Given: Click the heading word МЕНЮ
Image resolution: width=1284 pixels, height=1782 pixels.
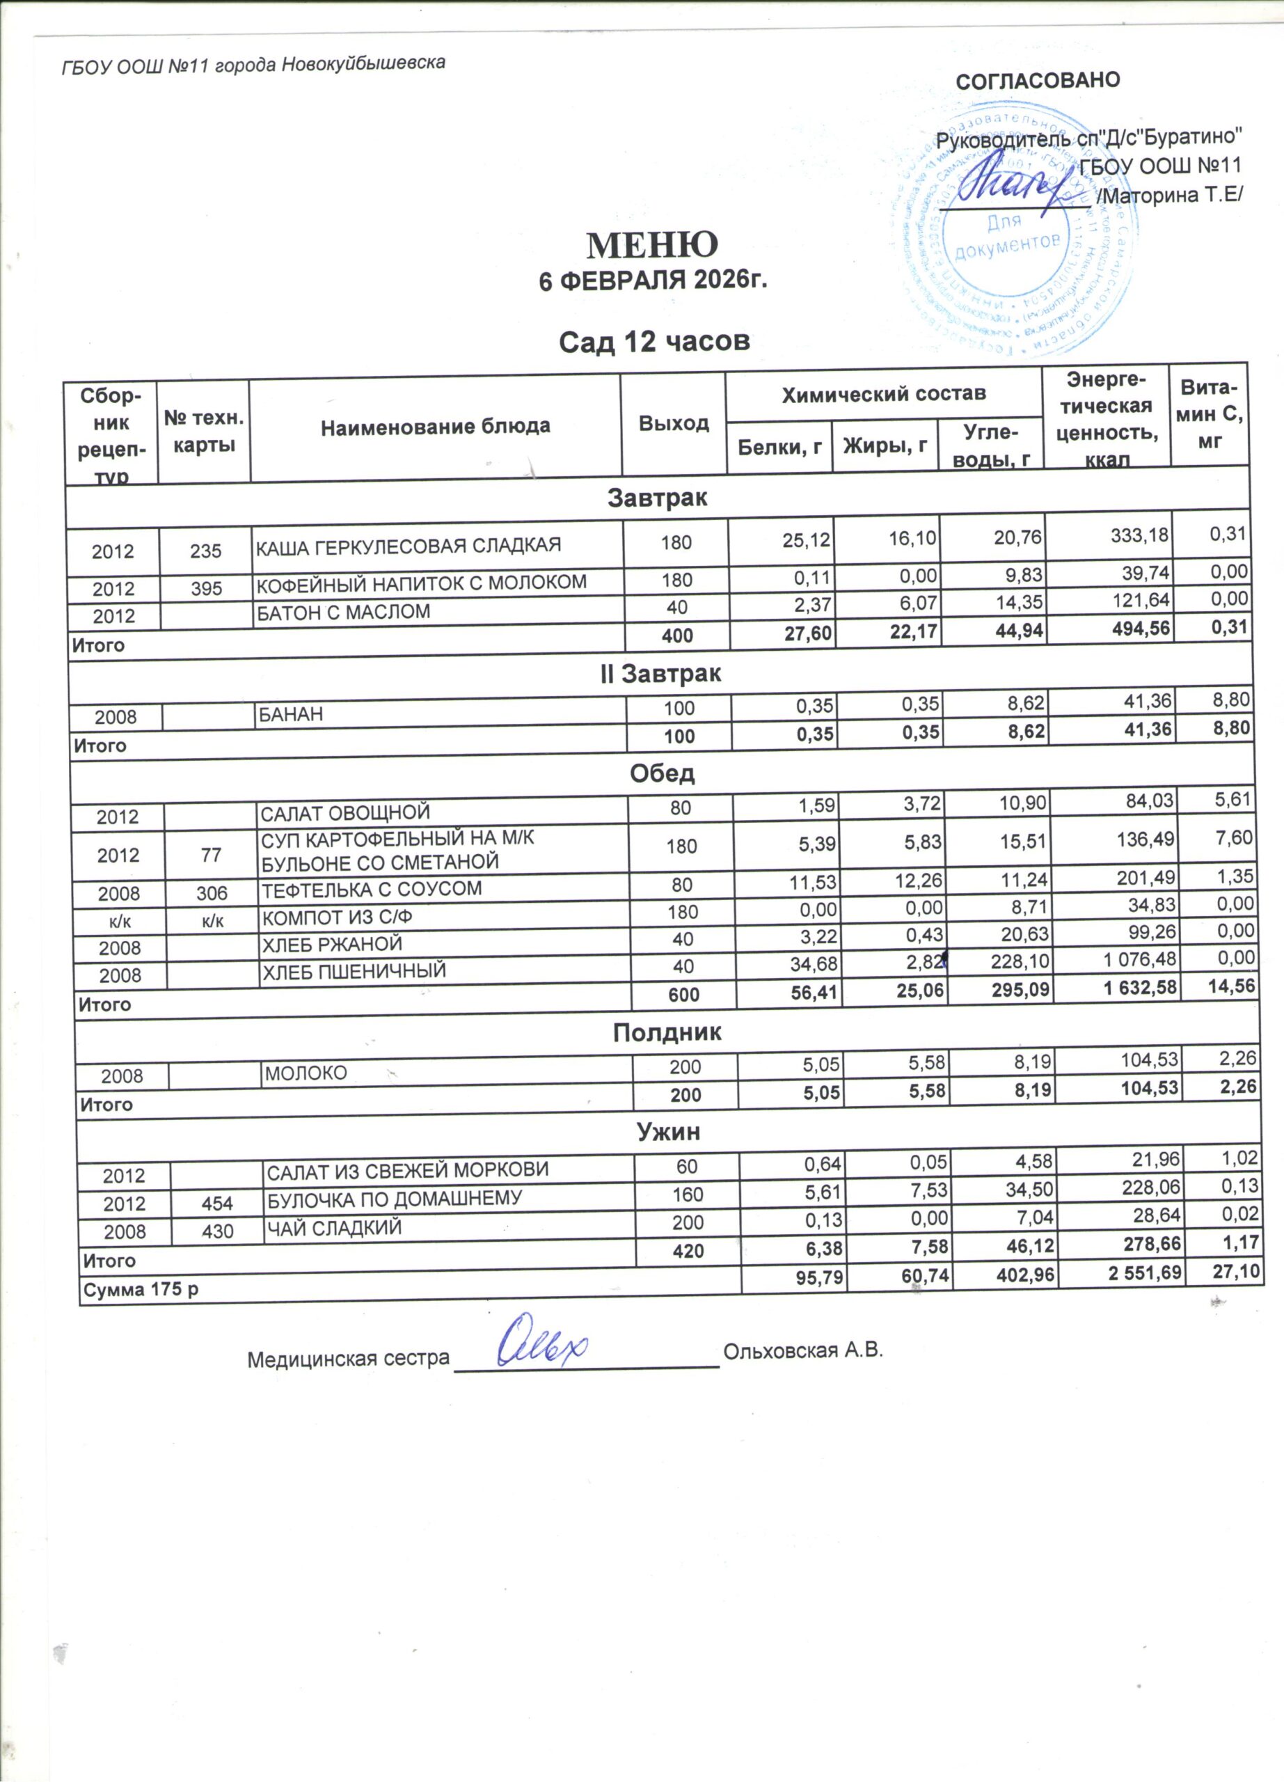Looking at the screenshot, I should click(x=652, y=245).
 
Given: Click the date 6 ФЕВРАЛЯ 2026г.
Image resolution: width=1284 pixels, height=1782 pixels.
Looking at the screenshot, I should click(x=652, y=281).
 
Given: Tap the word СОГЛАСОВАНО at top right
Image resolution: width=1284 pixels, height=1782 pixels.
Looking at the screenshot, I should click(x=1037, y=81).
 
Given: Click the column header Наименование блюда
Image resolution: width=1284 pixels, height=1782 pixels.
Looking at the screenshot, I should click(x=435, y=427).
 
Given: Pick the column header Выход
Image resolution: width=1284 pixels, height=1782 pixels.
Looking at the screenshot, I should click(x=673, y=423).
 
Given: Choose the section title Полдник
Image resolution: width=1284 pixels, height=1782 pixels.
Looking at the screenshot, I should click(x=667, y=1032).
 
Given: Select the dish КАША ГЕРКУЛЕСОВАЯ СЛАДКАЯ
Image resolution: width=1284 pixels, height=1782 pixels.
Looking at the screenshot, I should click(x=409, y=545).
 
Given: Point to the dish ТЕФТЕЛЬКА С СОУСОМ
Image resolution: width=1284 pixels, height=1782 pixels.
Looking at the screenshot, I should click(x=371, y=890).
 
